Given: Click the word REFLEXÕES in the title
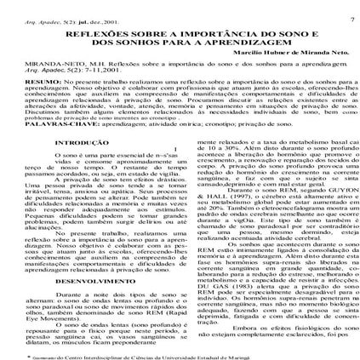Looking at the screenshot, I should point(91,27).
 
